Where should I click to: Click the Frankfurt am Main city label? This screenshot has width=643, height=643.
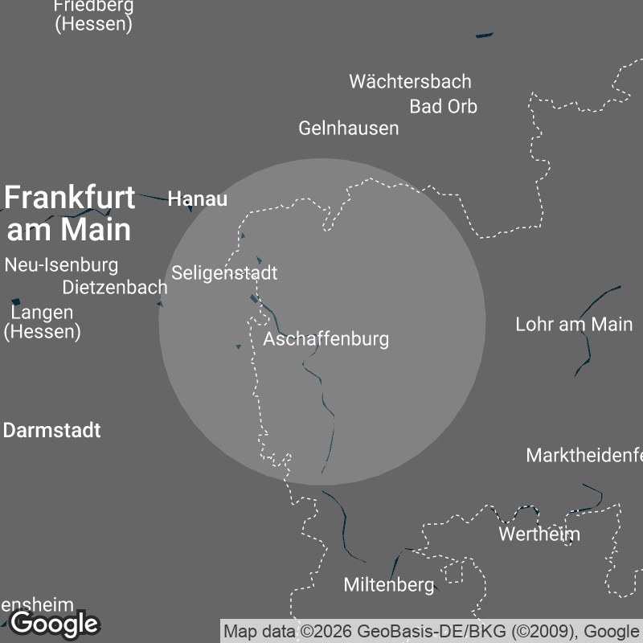pos(69,213)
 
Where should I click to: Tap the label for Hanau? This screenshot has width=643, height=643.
pos(198,199)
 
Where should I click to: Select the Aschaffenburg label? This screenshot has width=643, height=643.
pos(326,338)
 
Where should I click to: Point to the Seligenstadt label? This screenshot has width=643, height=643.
pos(224,272)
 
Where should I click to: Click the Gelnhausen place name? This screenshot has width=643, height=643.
pos(348,128)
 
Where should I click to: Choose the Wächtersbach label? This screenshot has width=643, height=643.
pos(410,81)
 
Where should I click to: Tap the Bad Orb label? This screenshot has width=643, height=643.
pos(443,106)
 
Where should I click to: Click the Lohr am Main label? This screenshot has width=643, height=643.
pos(574,325)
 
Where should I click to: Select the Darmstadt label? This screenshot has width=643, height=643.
pos(52,430)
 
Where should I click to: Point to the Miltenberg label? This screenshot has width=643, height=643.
pos(388,585)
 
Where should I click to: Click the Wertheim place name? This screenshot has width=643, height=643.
pos(539,534)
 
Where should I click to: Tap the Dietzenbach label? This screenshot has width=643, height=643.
pos(115,287)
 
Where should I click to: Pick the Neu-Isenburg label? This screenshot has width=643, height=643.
pos(61,264)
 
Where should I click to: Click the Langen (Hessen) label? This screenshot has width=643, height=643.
pos(43,321)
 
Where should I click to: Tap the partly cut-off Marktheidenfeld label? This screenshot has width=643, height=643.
pos(584,455)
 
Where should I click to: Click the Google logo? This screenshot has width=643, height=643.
pos(54,623)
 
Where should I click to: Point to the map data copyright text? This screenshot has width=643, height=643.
pos(432,631)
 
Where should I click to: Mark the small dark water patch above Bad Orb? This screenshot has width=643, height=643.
pos(484,35)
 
